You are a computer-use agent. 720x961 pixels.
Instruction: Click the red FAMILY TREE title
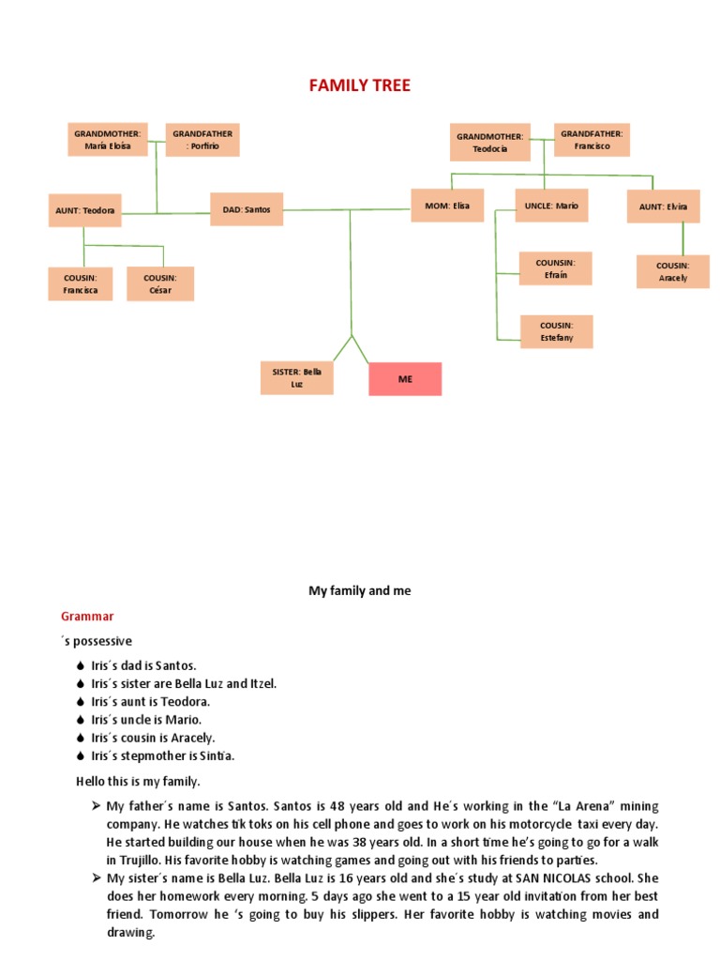(360, 86)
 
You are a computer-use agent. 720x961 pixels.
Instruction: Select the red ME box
(405, 378)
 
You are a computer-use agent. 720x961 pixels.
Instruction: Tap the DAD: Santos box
(247, 209)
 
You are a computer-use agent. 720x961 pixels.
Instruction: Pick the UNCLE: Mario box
(551, 205)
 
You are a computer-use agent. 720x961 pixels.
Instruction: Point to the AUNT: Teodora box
(85, 210)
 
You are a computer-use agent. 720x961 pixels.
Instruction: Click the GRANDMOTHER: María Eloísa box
(107, 140)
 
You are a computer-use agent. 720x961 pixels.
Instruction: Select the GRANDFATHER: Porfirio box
(202, 140)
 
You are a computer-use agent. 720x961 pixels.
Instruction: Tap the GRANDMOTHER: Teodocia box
(490, 142)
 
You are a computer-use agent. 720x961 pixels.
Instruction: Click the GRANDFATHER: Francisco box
(592, 140)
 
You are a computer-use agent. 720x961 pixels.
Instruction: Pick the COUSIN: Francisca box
(81, 283)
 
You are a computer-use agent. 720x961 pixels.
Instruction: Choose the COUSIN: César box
(160, 283)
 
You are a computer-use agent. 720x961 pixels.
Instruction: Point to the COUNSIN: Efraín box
(556, 268)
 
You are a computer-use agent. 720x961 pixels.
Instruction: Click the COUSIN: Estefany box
(556, 331)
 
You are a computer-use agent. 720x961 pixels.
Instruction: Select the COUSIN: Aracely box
(673, 271)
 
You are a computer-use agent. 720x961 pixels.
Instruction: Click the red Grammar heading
(87, 617)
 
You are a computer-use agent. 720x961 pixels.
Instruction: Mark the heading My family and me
(360, 591)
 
